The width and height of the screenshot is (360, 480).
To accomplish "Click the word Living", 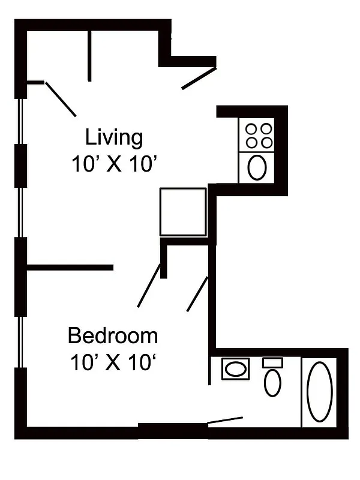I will coord(114,137).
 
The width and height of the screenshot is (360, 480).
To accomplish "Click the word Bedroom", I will coord(113,335).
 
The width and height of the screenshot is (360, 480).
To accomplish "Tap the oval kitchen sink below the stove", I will coord(257,167).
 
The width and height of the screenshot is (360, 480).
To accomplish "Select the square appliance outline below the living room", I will coord(183,212).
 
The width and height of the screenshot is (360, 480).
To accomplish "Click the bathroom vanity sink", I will coord(235,368).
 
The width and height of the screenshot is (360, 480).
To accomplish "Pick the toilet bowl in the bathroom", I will coord(272,382).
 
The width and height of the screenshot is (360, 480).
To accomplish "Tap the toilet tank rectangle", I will coord(272,362).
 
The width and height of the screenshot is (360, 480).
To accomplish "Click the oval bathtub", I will coord(319,391).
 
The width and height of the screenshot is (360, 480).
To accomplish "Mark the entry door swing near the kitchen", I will coord(199,79).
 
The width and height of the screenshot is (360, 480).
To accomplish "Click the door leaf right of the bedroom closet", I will coord(197,294).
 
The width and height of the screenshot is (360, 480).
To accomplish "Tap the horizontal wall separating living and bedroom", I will coord(70,267).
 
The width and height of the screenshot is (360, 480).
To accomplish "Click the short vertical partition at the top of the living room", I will coord(89,55).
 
